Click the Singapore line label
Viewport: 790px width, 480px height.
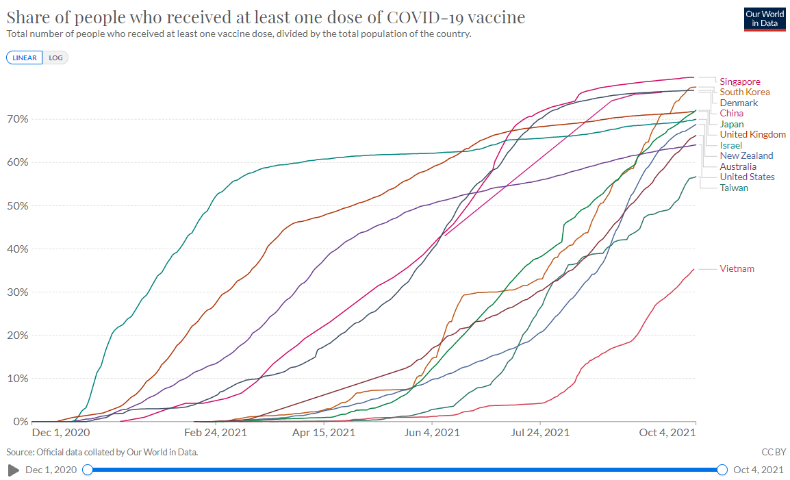[740, 81]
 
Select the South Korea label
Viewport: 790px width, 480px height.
[745, 92]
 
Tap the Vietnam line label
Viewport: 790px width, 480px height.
[737, 268]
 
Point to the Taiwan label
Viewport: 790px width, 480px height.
[734, 188]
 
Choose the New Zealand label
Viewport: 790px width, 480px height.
[746, 155]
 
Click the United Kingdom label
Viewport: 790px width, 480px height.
[752, 134]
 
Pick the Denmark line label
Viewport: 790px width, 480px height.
[739, 103]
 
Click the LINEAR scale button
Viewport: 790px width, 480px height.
[25, 58]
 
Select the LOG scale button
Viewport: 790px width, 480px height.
[55, 58]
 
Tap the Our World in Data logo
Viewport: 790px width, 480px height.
[764, 19]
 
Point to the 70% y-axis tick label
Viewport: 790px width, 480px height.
[18, 119]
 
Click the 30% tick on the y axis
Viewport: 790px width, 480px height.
[18, 292]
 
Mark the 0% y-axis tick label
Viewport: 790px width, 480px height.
[21, 421]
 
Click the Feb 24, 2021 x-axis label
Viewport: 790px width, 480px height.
[216, 433]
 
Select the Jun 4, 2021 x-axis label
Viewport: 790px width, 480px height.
[433, 433]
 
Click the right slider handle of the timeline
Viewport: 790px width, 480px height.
[722, 470]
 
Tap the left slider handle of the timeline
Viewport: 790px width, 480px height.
[87, 470]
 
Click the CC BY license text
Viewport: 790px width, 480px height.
[774, 452]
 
